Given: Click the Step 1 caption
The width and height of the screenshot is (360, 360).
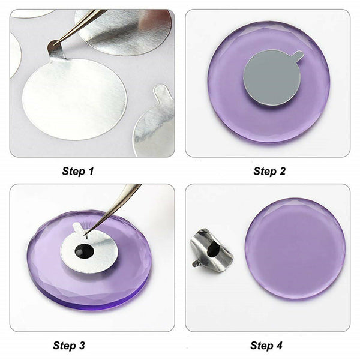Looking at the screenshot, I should [x=78, y=171].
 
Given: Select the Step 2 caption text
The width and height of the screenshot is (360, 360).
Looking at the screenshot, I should [x=269, y=171].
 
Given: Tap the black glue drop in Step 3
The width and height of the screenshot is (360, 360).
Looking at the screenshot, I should [x=84, y=251].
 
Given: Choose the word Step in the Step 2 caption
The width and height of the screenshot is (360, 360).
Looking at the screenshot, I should [x=262, y=171].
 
